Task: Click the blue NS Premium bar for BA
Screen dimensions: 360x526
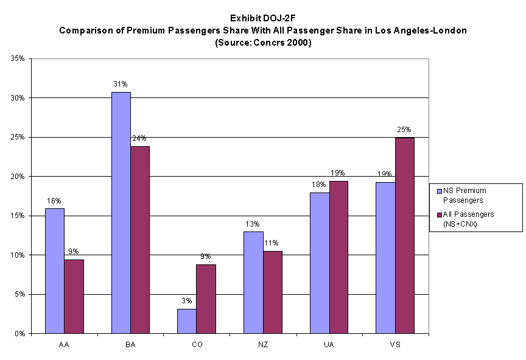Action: pos(121,213)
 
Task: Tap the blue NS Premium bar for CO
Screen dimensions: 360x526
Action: pos(186,321)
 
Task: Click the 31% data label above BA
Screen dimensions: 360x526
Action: pos(121,85)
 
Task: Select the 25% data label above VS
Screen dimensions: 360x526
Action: pos(404,130)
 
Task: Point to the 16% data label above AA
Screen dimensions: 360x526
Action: pos(55,201)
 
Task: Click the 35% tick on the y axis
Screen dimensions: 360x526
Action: pos(16,58)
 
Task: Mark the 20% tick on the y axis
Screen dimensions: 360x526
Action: pos(16,177)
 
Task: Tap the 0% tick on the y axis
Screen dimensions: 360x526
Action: pos(18,334)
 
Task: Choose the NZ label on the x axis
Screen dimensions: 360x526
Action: pos(262,345)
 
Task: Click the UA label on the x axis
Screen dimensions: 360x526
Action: pos(328,345)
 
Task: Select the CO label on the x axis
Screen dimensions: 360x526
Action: pos(196,345)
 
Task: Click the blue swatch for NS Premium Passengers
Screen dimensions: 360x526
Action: pos(435,190)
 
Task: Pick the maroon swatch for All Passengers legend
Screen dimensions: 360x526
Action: pos(435,214)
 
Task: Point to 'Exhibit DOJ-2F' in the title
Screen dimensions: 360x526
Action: pos(262,18)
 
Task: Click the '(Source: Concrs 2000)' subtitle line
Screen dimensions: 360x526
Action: pos(262,43)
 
